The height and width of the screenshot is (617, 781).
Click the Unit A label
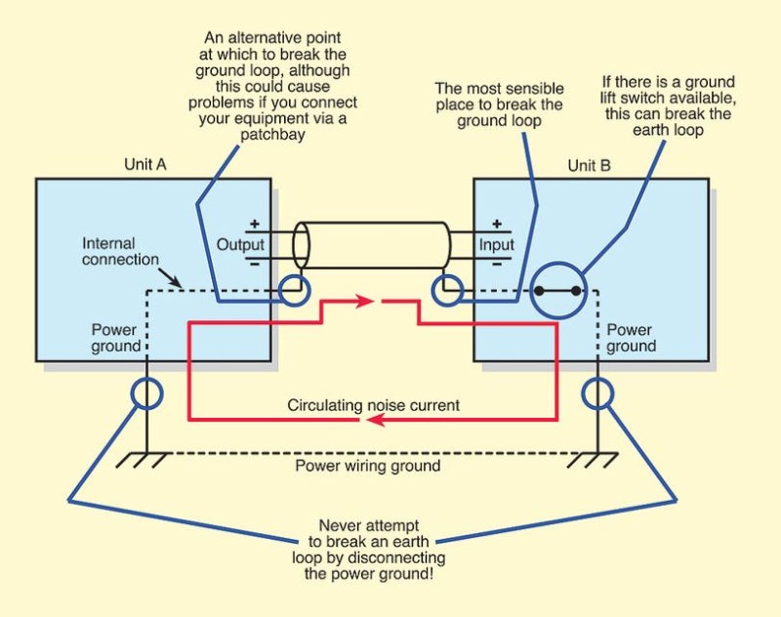coord(144,164)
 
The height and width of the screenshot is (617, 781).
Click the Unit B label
coord(590,165)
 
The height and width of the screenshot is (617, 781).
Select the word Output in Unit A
coord(240,244)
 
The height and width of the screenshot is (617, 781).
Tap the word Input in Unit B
coord(496,244)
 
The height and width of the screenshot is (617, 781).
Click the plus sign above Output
coord(255,224)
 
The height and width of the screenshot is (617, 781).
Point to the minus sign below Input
coord(497,264)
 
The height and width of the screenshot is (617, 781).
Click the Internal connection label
coord(120,251)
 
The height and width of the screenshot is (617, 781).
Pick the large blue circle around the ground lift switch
coord(558,291)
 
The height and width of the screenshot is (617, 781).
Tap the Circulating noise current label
coord(373,405)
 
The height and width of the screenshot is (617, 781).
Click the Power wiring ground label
coord(368,466)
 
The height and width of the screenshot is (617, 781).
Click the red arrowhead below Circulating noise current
coord(375,421)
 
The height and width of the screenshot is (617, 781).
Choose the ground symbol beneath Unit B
coord(593,459)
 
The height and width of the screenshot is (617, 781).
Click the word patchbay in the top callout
coord(272,135)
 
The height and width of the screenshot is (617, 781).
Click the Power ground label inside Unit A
coord(115,338)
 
